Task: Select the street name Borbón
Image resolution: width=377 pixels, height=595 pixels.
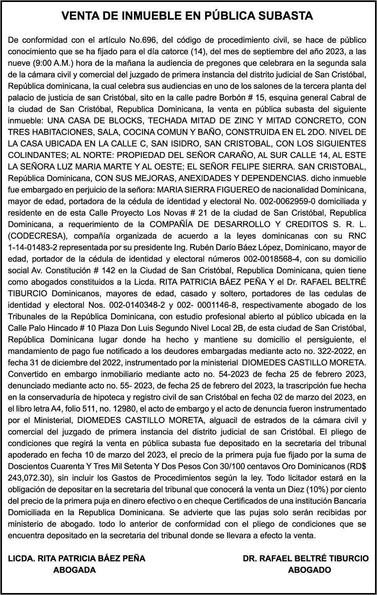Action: (221, 98)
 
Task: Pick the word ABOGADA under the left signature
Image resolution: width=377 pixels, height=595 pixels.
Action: (74, 570)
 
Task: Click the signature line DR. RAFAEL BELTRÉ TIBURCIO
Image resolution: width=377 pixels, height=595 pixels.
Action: (305, 558)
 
